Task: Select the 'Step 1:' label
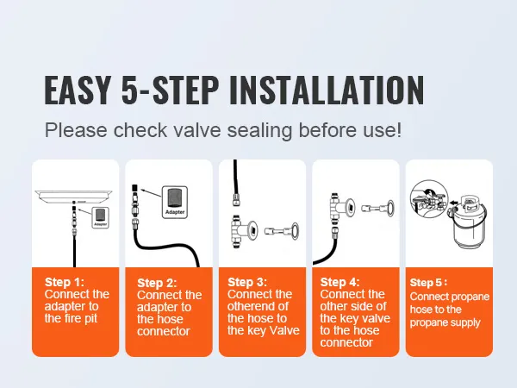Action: (x=64, y=282)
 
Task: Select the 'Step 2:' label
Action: (x=158, y=283)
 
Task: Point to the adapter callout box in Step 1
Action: (x=101, y=216)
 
